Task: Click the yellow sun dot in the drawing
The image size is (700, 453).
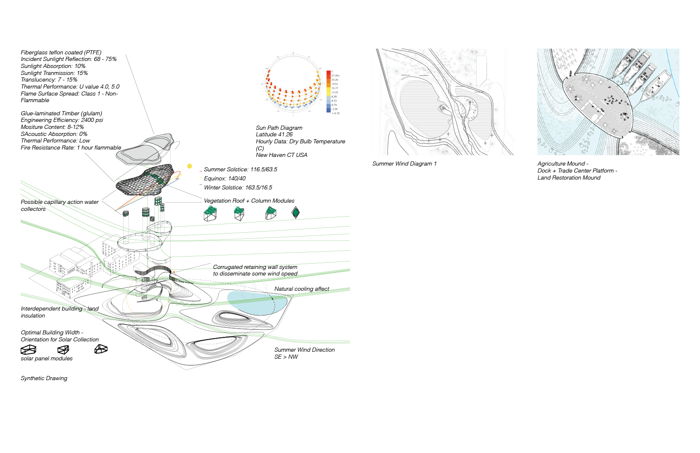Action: [x=189, y=166]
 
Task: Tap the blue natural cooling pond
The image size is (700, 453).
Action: [x=257, y=303]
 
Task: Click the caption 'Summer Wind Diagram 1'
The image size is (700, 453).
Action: [x=404, y=163]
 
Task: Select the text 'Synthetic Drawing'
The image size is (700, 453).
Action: [x=44, y=378]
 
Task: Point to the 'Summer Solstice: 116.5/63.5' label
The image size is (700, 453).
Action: [x=240, y=169]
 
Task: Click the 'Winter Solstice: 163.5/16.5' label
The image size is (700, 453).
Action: [x=238, y=187]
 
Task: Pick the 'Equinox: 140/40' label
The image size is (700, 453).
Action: [x=224, y=178]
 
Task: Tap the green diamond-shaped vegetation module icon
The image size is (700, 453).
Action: [x=295, y=212]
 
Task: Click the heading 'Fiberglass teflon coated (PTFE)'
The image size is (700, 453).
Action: [x=61, y=52]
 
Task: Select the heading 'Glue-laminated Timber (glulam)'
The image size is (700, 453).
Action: [x=61, y=113]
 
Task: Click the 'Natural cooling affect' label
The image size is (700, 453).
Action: [x=302, y=289]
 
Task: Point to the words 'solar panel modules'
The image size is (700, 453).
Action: [x=47, y=358]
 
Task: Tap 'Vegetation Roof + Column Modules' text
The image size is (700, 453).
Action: [x=249, y=201]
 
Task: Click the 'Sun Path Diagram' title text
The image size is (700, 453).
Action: [x=279, y=128]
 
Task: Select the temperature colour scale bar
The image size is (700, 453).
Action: [x=329, y=91]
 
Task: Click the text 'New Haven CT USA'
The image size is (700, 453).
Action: [x=282, y=155]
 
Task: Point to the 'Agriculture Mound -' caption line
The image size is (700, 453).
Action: [x=563, y=163]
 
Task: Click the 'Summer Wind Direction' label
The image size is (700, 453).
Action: [x=304, y=350]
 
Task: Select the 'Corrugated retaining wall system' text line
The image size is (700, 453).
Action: [x=255, y=267]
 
